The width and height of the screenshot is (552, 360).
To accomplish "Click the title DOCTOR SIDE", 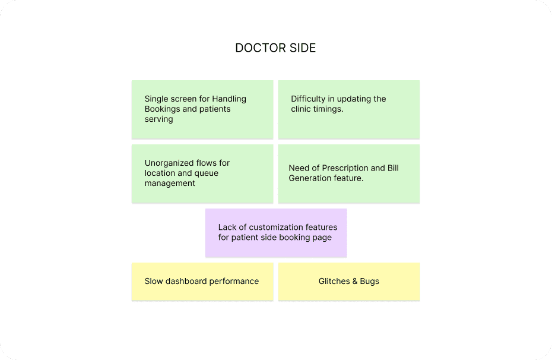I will pyautogui.click(x=275, y=48).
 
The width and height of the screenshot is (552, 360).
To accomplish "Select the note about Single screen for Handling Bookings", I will pyautogui.click(x=202, y=109).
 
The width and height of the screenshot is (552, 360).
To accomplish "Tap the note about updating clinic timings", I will pyautogui.click(x=349, y=109).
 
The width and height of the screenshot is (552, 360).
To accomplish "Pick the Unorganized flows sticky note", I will pyautogui.click(x=202, y=173).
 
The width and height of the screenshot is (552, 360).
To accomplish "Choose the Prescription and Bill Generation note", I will pyautogui.click(x=349, y=173).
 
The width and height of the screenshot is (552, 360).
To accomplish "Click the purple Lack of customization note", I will pyautogui.click(x=276, y=232).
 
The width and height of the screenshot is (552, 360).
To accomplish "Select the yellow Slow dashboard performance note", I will pyautogui.click(x=202, y=281).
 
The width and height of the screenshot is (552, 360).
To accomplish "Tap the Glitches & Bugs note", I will pyautogui.click(x=349, y=281).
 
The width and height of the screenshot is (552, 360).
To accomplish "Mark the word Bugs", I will pyautogui.click(x=369, y=281).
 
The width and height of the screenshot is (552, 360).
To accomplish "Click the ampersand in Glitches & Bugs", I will pyautogui.click(x=355, y=281).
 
